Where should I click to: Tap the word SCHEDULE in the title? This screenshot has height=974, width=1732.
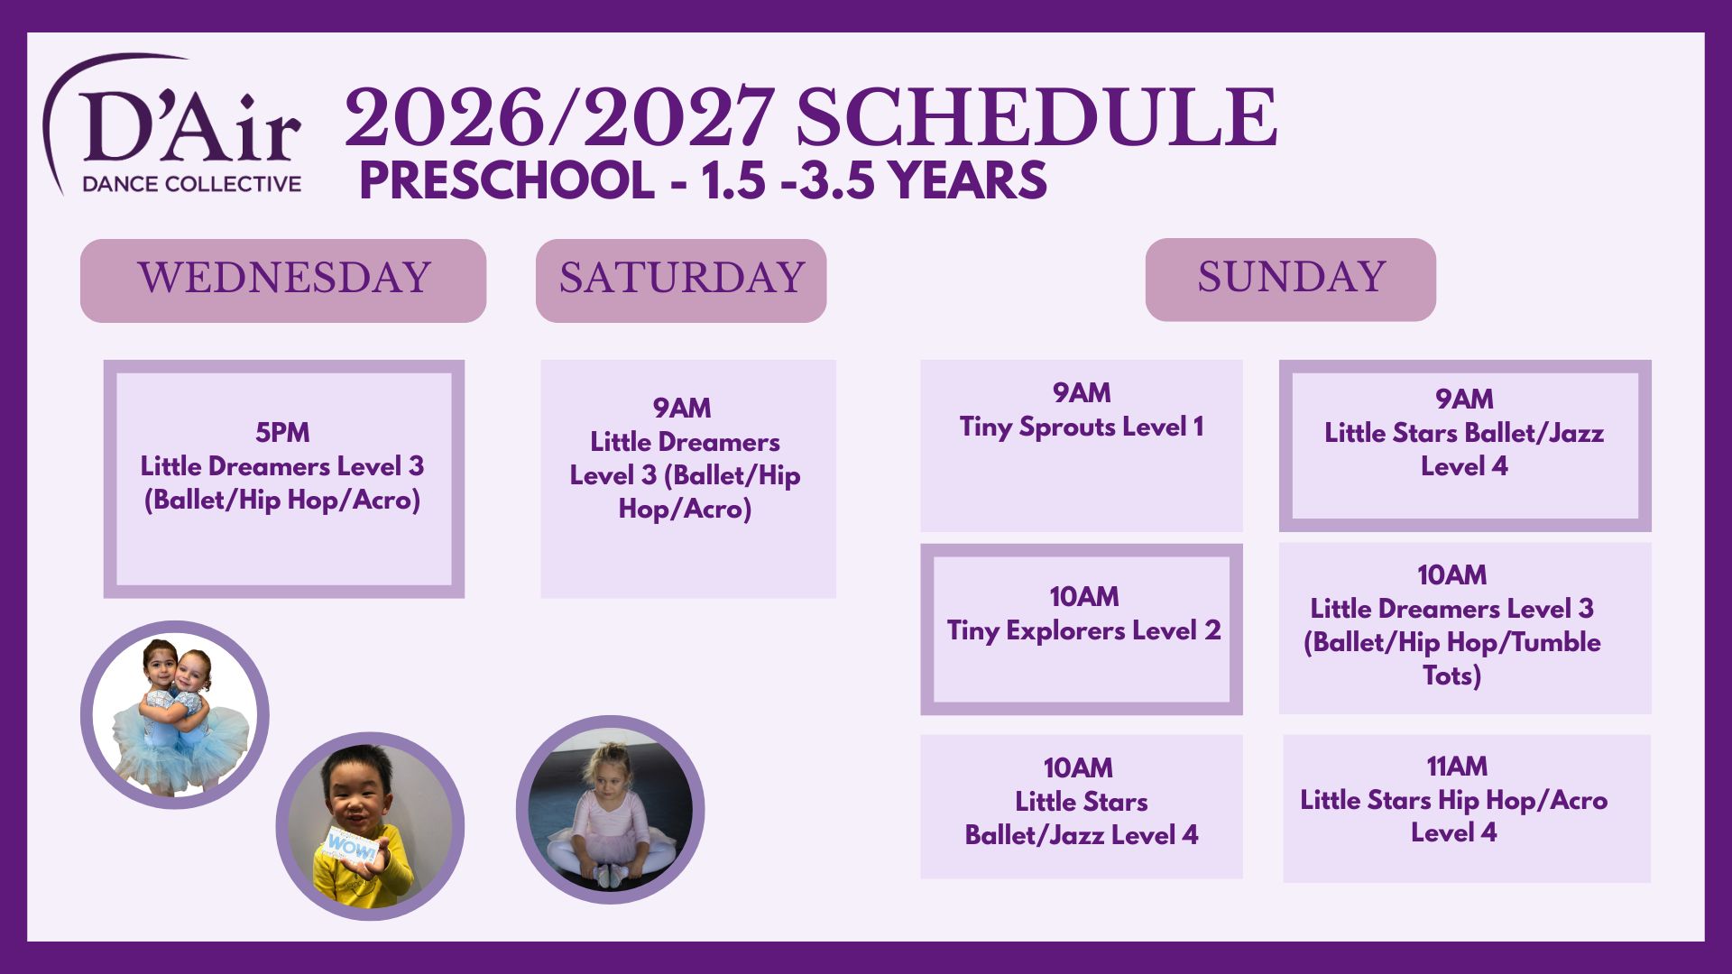[x=1036, y=117]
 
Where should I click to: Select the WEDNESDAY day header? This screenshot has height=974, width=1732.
[x=283, y=280]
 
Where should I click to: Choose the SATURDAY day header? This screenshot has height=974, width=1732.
[x=681, y=280]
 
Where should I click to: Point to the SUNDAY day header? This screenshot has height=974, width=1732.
[x=1291, y=279]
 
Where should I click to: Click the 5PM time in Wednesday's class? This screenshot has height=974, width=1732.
[x=282, y=433]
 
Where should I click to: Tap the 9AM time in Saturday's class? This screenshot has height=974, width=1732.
[x=682, y=409]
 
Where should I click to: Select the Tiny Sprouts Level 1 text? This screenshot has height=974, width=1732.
[x=1082, y=427]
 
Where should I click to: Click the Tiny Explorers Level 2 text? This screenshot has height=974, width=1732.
[x=1083, y=630]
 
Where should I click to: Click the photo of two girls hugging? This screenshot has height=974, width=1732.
[x=175, y=714]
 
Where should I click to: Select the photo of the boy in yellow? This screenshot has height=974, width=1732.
[x=370, y=826]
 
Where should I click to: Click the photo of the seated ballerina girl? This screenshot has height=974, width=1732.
[x=610, y=810]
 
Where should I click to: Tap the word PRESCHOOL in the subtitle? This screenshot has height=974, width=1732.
[x=507, y=180]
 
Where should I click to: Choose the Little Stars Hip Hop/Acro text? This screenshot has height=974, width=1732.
[x=1454, y=800]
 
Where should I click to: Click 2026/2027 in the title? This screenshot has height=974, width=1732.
[x=559, y=117]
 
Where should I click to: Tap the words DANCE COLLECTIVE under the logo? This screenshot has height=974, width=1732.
[x=192, y=184]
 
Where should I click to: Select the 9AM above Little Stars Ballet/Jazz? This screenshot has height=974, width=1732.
[x=1464, y=400]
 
